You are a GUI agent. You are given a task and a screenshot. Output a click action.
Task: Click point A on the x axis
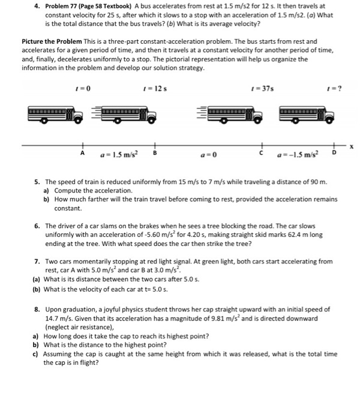pyautogui.click(x=83, y=153)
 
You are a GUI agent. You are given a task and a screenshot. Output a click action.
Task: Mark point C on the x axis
pyautogui.click(x=260, y=153)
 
